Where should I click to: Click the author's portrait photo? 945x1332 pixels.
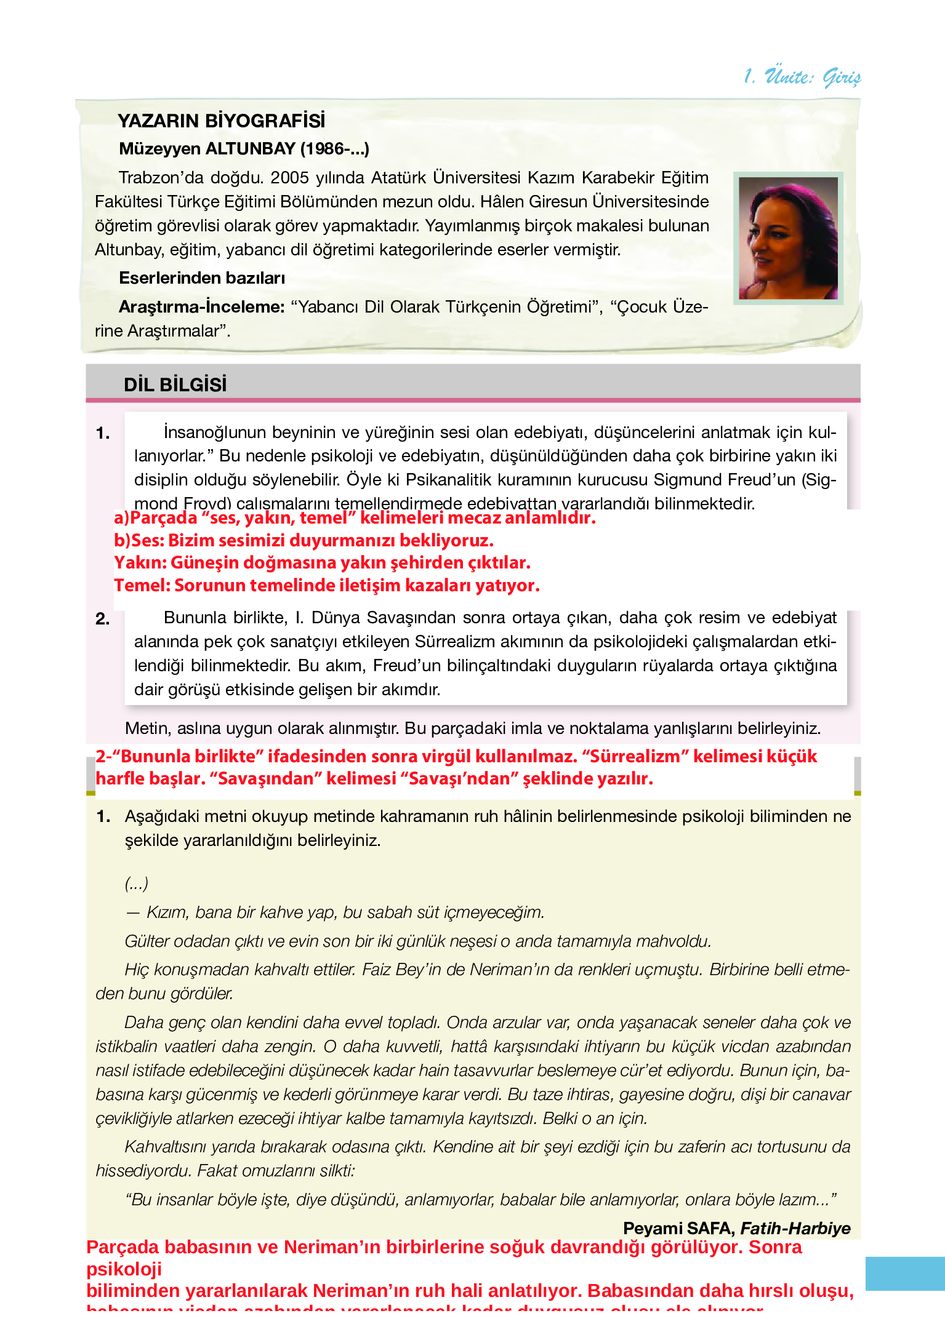click(x=788, y=238)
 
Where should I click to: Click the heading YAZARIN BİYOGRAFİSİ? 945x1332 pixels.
click(x=221, y=121)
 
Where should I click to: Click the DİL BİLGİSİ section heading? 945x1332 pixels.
click(x=175, y=385)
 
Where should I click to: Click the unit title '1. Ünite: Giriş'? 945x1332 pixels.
click(x=802, y=76)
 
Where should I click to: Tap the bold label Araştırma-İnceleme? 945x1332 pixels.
click(x=201, y=306)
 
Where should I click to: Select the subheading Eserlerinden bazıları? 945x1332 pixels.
click(x=201, y=278)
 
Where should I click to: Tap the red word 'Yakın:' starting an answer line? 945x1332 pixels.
click(x=140, y=562)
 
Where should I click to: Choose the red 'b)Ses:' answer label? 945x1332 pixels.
click(x=140, y=540)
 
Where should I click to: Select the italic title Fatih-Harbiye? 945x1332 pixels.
click(x=795, y=1228)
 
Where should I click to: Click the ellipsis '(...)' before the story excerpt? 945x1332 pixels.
click(x=136, y=883)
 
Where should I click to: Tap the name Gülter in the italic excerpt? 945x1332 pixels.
click(x=147, y=941)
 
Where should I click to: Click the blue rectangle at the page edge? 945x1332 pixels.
click(x=904, y=1274)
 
